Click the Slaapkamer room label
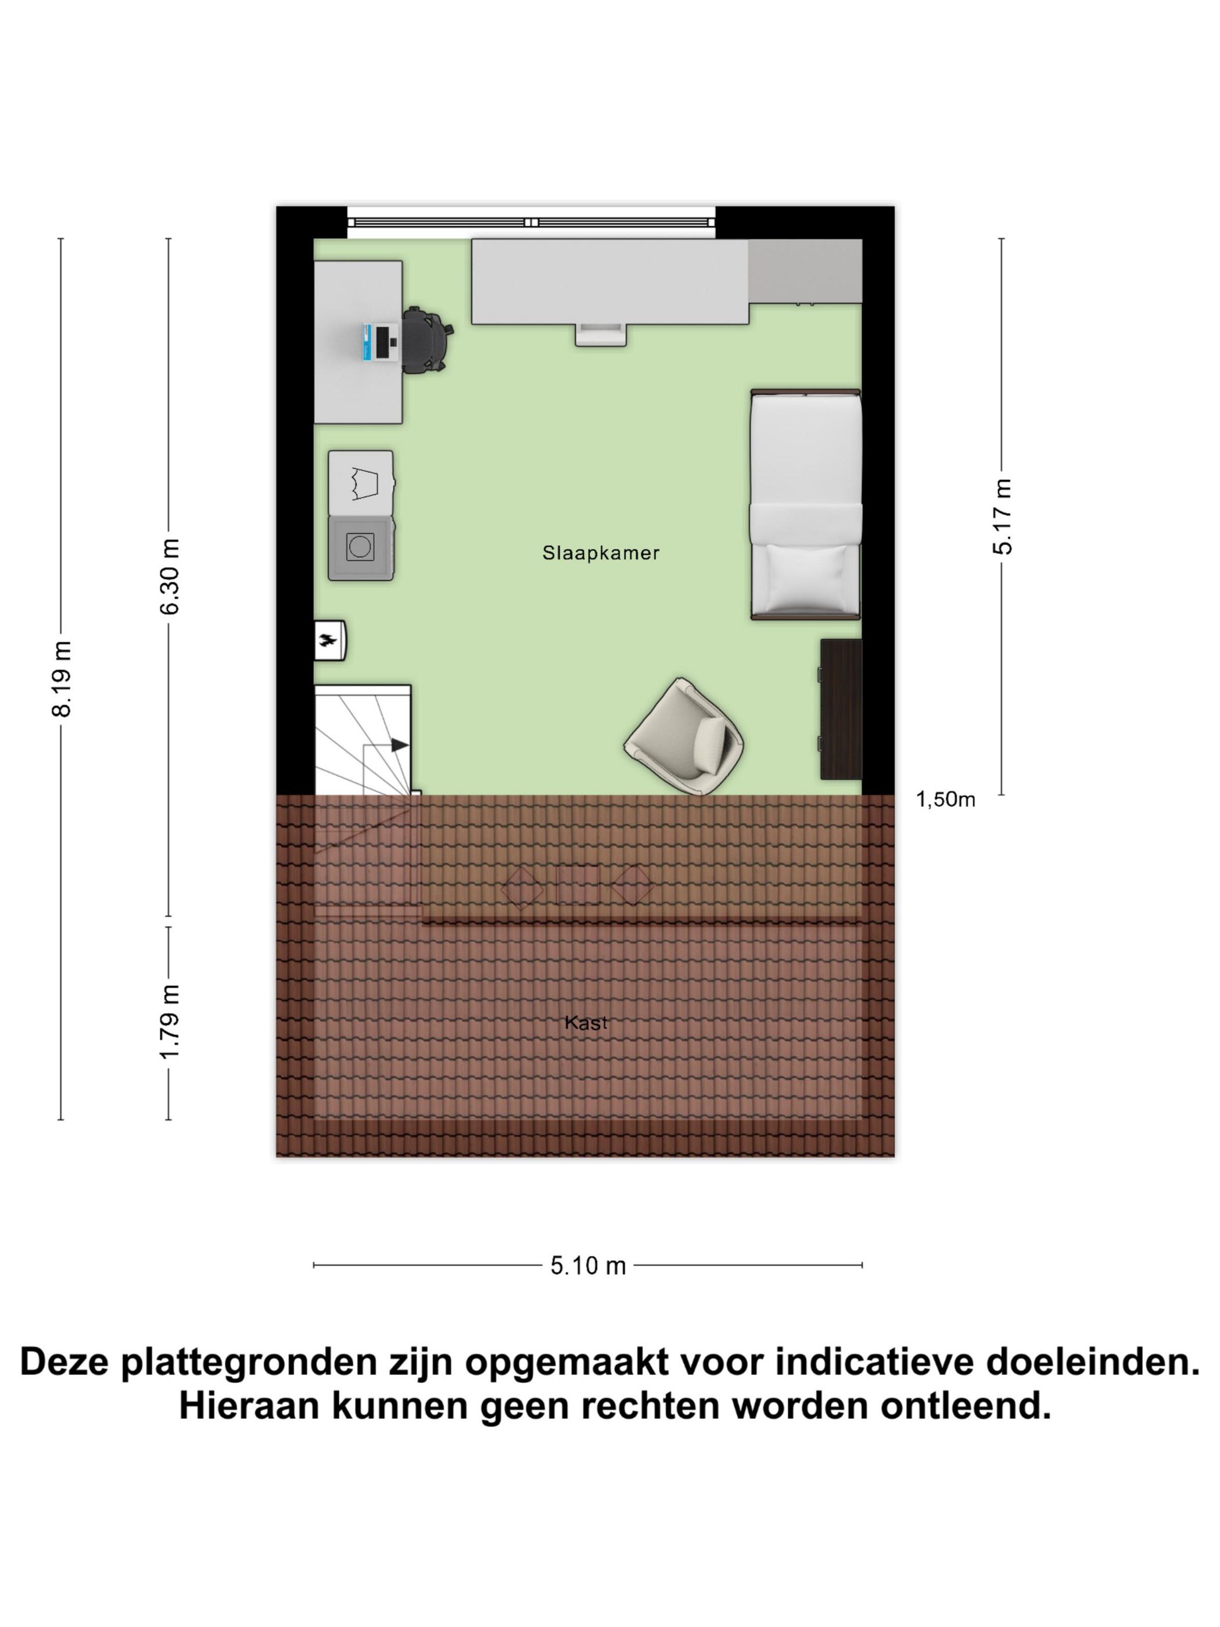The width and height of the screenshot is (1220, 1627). (600, 553)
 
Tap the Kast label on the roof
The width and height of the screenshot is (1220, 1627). (586, 1022)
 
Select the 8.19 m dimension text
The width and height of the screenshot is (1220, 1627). (62, 678)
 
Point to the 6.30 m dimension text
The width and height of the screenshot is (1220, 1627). (170, 576)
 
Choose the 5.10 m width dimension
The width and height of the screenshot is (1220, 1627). (587, 1266)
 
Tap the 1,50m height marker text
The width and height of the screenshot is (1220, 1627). (945, 800)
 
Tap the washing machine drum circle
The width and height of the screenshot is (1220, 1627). (360, 547)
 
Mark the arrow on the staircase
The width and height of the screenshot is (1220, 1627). (399, 745)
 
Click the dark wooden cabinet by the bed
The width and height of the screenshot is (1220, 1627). (840, 709)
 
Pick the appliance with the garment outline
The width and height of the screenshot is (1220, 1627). (360, 482)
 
